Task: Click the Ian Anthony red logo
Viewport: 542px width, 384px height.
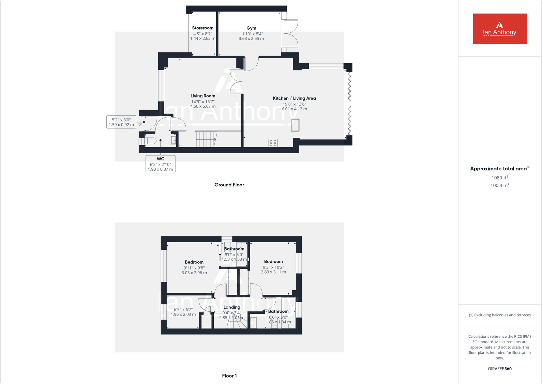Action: [499, 29]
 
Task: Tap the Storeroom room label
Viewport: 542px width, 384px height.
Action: [202, 28]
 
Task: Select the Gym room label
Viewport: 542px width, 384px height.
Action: [251, 28]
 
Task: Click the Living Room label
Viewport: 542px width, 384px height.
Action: [203, 96]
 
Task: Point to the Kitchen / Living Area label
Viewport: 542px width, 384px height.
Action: [294, 98]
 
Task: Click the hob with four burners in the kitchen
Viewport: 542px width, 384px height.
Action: [273, 143]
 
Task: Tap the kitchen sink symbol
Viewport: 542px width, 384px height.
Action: [295, 125]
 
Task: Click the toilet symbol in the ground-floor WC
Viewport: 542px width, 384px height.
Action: [150, 141]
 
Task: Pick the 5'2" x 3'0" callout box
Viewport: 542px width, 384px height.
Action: [121, 122]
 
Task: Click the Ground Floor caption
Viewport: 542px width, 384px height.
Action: [229, 185]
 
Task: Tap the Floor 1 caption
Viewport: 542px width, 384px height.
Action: [229, 375]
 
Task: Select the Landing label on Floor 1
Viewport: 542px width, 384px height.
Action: [232, 307]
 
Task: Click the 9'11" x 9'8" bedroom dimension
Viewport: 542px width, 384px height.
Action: [194, 268]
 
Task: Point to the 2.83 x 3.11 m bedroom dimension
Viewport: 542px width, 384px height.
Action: [273, 272]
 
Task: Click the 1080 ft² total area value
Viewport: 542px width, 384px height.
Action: [499, 178]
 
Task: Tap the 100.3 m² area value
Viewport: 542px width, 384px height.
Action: [499, 185]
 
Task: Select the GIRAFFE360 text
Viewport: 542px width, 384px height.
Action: [499, 369]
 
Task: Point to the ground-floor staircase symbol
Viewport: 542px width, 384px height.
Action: [206, 139]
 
